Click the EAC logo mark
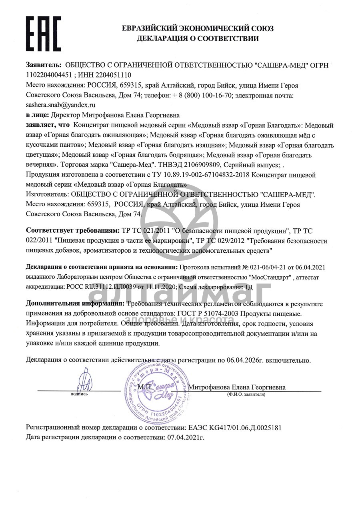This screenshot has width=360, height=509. coord(44,34)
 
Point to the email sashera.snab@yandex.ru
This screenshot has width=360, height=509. coord(61,105)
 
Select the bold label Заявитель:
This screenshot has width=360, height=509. coord(44,65)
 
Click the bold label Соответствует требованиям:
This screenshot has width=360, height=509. coord(72,231)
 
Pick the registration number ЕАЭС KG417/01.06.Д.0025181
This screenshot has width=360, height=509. coord(234,427)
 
